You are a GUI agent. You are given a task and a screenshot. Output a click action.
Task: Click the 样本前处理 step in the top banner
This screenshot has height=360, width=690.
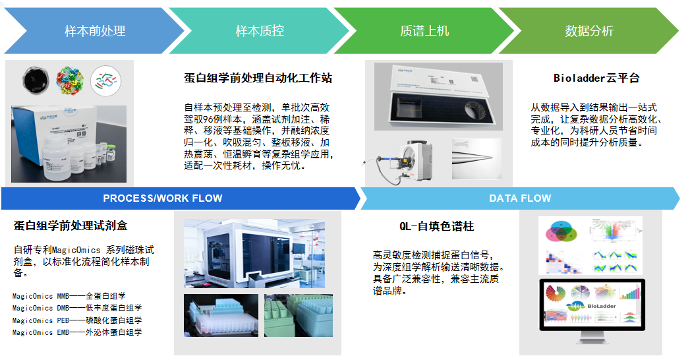pyautogui.click(x=94, y=31)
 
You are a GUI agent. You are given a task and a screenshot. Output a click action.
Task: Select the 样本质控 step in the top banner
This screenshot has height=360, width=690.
pyautogui.click(x=260, y=31)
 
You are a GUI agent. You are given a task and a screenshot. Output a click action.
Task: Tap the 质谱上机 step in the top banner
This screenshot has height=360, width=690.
pyautogui.click(x=424, y=31)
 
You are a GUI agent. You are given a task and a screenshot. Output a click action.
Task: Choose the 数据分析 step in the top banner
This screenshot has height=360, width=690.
pyautogui.click(x=589, y=31)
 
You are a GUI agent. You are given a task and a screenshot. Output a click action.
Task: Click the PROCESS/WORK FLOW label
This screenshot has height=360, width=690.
pyautogui.click(x=163, y=198)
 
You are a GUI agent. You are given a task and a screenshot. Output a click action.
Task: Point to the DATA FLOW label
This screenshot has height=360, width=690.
pyautogui.click(x=520, y=198)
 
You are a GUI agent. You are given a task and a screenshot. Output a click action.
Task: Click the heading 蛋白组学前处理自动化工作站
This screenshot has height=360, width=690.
pyautogui.click(x=258, y=78)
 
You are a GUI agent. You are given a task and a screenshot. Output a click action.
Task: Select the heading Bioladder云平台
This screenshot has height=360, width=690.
pyautogui.click(x=596, y=78)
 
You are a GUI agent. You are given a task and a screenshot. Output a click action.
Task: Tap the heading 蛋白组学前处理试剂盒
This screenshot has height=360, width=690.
pyautogui.click(x=71, y=226)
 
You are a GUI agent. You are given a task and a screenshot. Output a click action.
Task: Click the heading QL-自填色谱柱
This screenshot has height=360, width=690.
pyautogui.click(x=436, y=226)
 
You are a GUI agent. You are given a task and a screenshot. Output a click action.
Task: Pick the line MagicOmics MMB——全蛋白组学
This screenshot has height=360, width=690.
pyautogui.click(x=69, y=296)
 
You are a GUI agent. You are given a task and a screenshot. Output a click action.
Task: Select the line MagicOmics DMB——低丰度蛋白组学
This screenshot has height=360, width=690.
pyautogui.click(x=76, y=308)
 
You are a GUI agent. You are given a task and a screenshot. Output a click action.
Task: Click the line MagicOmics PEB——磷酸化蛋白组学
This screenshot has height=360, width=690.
pyautogui.click(x=76, y=320)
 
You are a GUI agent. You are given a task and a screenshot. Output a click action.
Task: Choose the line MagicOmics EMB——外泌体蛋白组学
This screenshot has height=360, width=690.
pyautogui.click(x=76, y=332)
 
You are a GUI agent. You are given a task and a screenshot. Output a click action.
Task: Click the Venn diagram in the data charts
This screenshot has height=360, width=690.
pyautogui.click(x=561, y=231)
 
